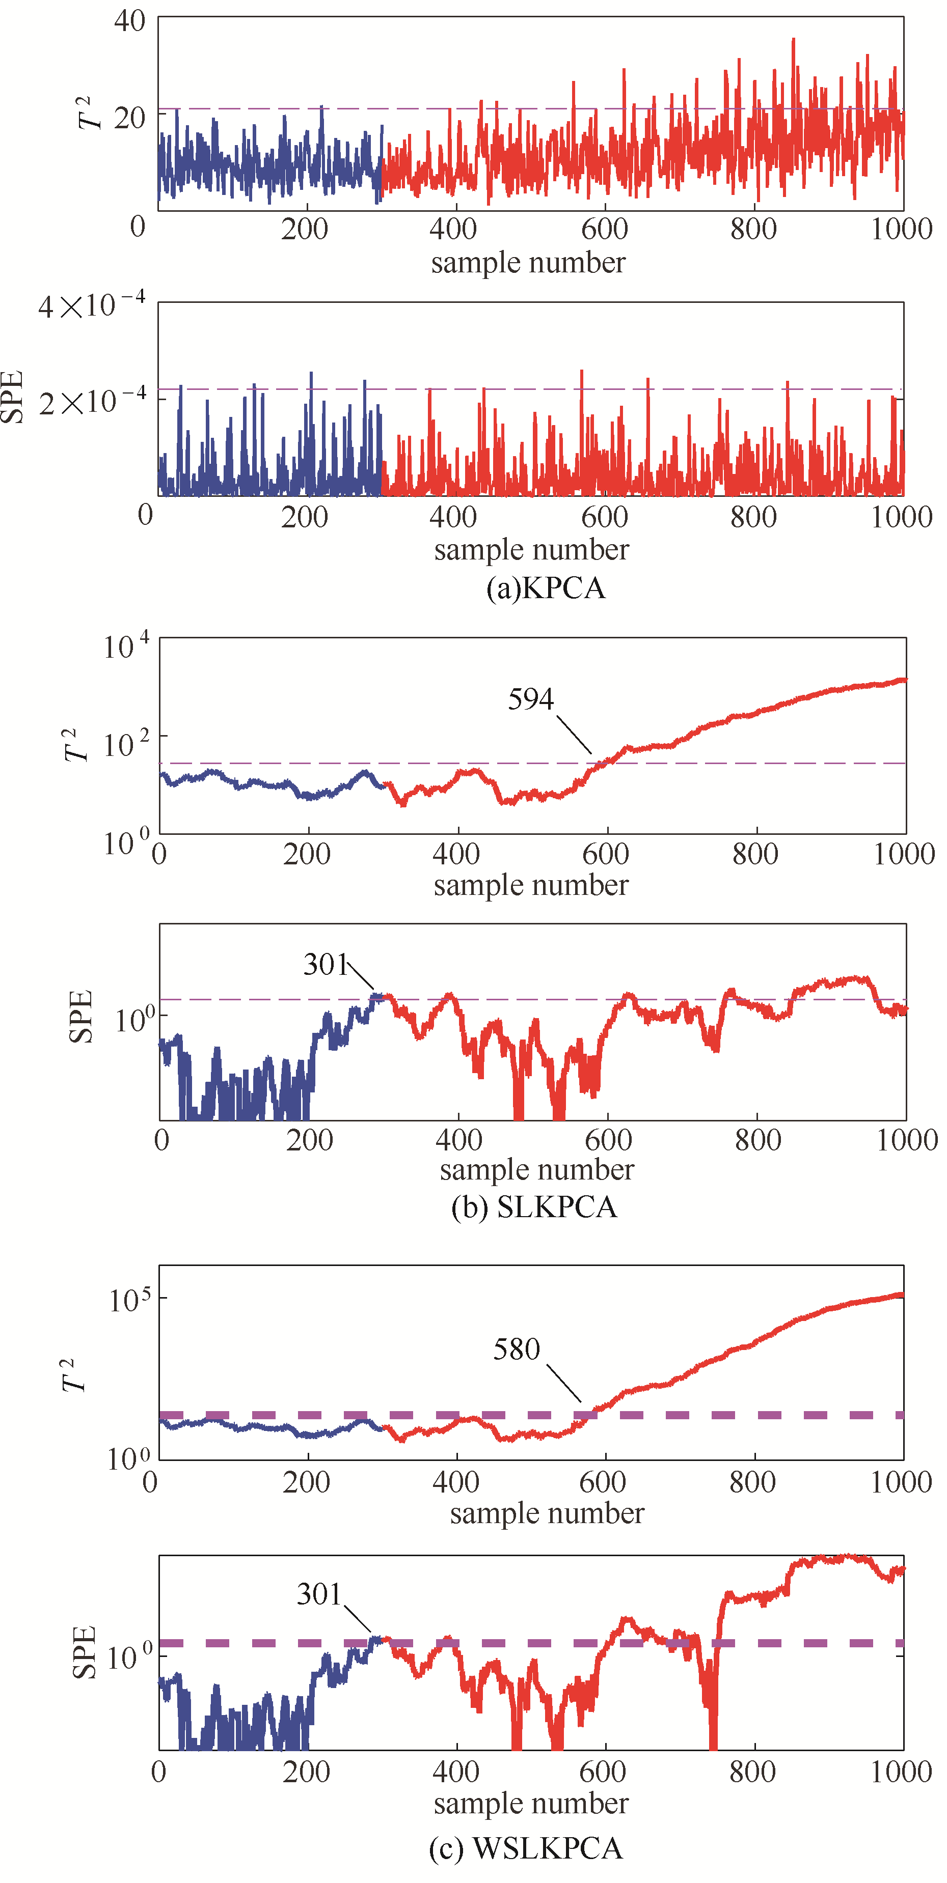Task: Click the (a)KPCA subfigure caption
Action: point(546,588)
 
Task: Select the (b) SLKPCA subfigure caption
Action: point(534,1207)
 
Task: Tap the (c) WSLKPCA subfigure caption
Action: point(525,1847)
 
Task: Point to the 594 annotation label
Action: point(531,699)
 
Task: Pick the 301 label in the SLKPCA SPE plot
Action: point(326,965)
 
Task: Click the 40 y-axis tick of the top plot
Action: point(129,21)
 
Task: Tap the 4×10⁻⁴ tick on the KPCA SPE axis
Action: point(91,305)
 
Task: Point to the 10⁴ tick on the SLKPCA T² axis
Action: point(126,646)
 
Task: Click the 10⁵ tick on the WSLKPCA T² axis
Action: point(129,1300)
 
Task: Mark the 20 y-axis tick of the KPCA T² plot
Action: point(129,117)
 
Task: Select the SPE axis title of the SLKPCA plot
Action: point(80,1016)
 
